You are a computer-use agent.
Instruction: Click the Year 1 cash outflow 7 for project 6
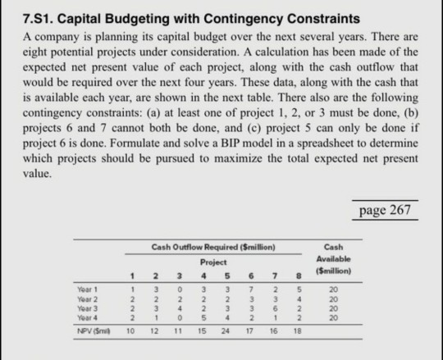coord(253,289)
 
